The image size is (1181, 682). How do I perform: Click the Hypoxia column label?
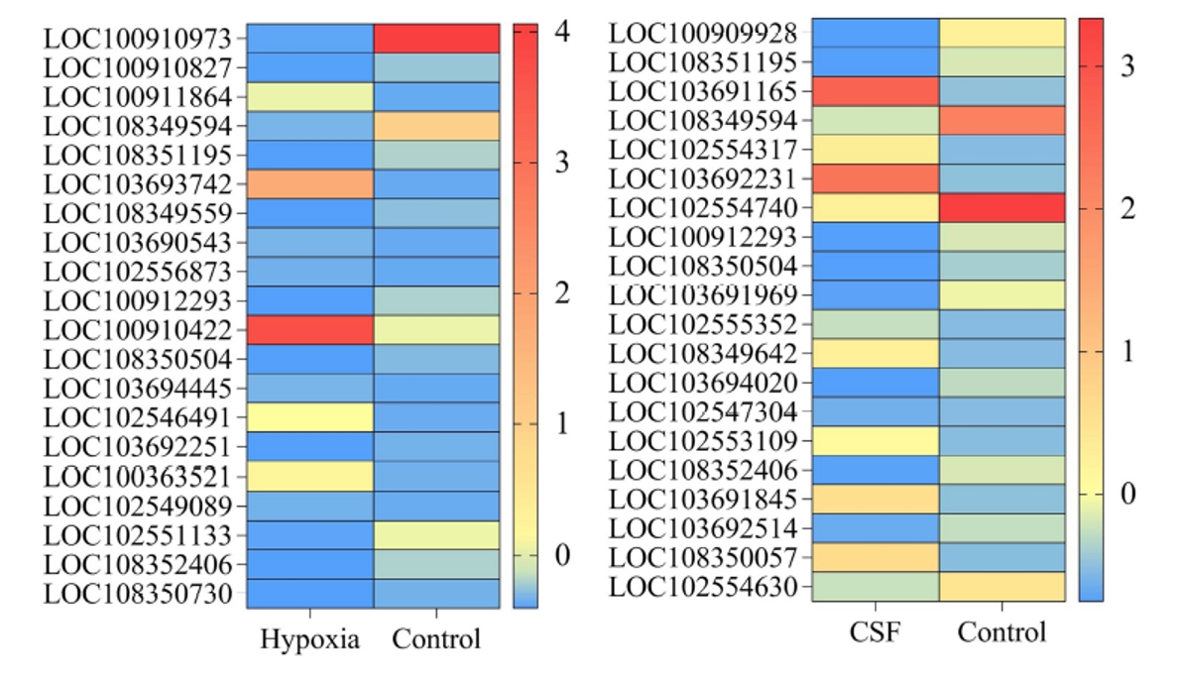(309, 639)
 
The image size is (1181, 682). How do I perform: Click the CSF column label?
(875, 632)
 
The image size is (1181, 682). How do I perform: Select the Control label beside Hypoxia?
(436, 639)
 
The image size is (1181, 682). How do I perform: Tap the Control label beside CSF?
(1002, 632)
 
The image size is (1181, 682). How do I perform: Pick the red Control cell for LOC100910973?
(436, 39)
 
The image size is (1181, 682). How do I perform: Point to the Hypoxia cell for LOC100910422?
(309, 329)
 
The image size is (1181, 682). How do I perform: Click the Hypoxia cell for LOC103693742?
(309, 184)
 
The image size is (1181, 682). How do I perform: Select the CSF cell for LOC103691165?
(875, 91)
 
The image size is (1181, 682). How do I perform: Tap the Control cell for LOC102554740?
(1002, 208)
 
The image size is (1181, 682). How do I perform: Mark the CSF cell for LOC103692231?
(875, 178)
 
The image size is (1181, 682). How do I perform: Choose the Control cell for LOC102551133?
(436, 535)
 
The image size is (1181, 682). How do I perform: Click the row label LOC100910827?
(138, 68)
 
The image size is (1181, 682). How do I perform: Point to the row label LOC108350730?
(138, 594)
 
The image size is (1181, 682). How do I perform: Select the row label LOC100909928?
(703, 33)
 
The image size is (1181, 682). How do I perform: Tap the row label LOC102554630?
(703, 587)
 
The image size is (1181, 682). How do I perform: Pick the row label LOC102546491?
(138, 417)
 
